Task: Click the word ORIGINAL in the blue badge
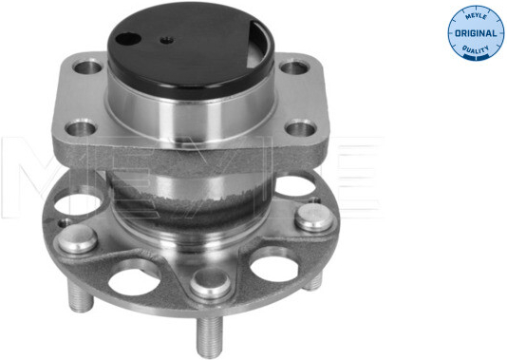[476, 33]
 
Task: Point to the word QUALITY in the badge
[476, 49]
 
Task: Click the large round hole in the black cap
[128, 40]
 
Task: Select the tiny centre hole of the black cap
[167, 41]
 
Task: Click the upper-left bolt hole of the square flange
[87, 66]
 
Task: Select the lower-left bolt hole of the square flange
[81, 128]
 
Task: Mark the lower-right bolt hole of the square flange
[301, 129]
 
